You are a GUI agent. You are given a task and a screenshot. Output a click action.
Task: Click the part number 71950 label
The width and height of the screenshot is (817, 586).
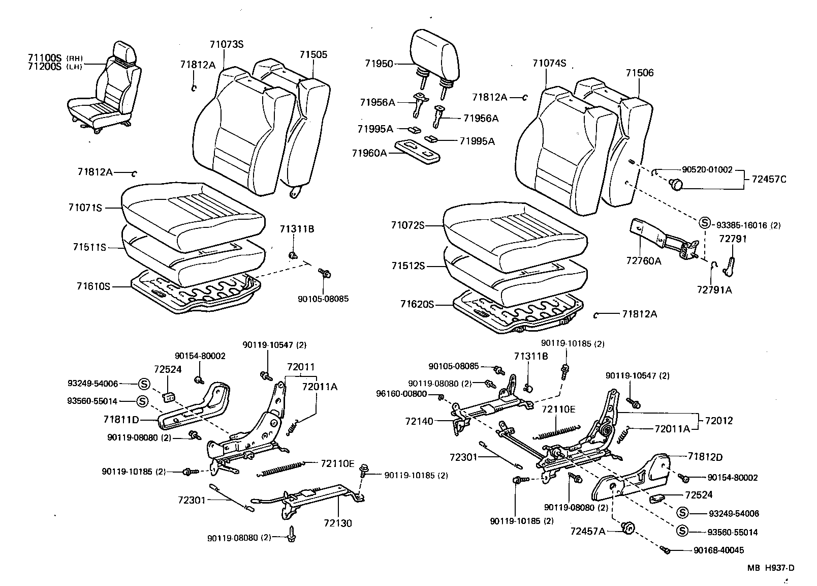[379, 64]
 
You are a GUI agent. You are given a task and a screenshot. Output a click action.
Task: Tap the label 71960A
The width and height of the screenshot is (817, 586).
[369, 153]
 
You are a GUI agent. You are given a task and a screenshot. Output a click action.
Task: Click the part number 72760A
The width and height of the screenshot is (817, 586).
[643, 261]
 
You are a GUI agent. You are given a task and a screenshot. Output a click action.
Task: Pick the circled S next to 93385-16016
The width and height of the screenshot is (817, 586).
[704, 222]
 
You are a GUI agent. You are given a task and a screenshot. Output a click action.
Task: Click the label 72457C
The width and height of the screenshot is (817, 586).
[765, 179]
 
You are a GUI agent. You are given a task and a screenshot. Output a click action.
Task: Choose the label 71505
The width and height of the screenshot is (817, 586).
[313, 54]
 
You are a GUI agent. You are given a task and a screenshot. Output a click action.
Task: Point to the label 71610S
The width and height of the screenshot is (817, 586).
[93, 286]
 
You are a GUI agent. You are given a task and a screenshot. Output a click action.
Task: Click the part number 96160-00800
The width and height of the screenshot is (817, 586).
[401, 394]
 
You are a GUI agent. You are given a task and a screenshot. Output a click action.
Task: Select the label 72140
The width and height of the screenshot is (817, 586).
[419, 421]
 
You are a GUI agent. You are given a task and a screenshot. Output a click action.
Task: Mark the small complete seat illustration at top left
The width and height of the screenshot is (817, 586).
[104, 91]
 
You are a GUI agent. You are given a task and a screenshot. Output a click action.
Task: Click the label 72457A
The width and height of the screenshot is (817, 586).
[587, 531]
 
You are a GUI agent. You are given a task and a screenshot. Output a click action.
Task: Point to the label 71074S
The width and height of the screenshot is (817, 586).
[549, 64]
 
